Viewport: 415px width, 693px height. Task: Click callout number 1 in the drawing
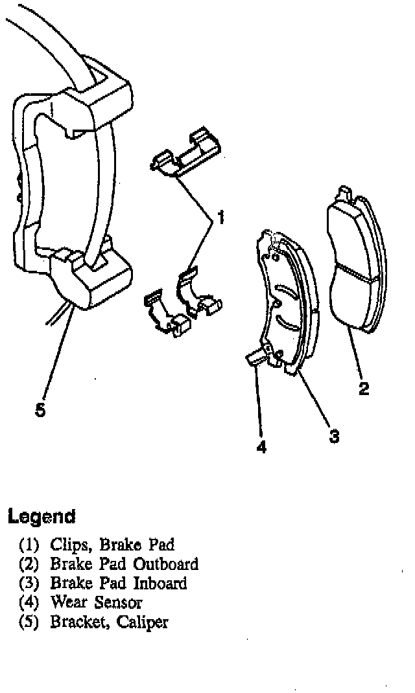pyautogui.click(x=220, y=218)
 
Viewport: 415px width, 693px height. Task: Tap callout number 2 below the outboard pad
pyautogui.click(x=364, y=389)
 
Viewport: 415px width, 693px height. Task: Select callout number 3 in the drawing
pyautogui.click(x=334, y=436)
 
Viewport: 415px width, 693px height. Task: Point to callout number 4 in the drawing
pyautogui.click(x=261, y=447)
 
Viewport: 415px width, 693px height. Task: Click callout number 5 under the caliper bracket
pyautogui.click(x=40, y=411)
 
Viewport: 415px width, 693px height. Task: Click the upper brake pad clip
pyautogui.click(x=186, y=154)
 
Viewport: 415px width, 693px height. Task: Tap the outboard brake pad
pyautogui.click(x=353, y=262)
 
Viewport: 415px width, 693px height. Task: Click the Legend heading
pyautogui.click(x=41, y=517)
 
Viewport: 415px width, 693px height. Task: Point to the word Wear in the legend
pyautogui.click(x=69, y=602)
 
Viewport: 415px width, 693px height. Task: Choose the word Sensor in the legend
pyautogui.click(x=118, y=602)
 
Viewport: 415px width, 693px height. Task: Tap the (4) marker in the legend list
pyautogui.click(x=30, y=603)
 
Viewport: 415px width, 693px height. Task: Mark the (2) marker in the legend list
pyautogui.click(x=30, y=564)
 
